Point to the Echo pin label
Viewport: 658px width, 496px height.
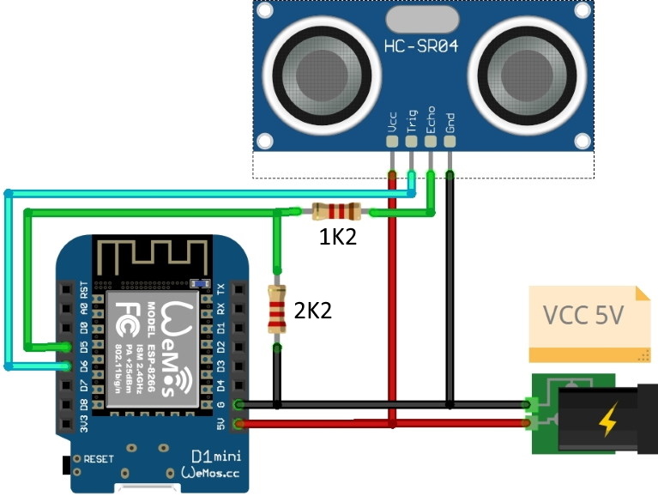[431, 117]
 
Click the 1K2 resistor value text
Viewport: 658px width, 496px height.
[338, 238]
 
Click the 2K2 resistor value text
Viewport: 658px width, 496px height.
[312, 311]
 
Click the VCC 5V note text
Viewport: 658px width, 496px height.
[584, 315]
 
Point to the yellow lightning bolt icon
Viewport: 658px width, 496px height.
[607, 421]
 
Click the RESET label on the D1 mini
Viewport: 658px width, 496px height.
[99, 460]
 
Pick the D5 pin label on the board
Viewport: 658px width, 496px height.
[83, 347]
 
